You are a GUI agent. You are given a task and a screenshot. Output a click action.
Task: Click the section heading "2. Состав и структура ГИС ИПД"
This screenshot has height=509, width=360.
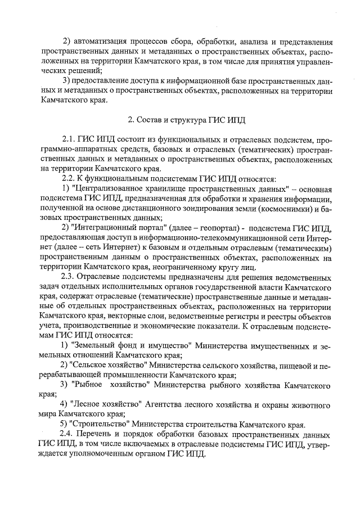point(184,120)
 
